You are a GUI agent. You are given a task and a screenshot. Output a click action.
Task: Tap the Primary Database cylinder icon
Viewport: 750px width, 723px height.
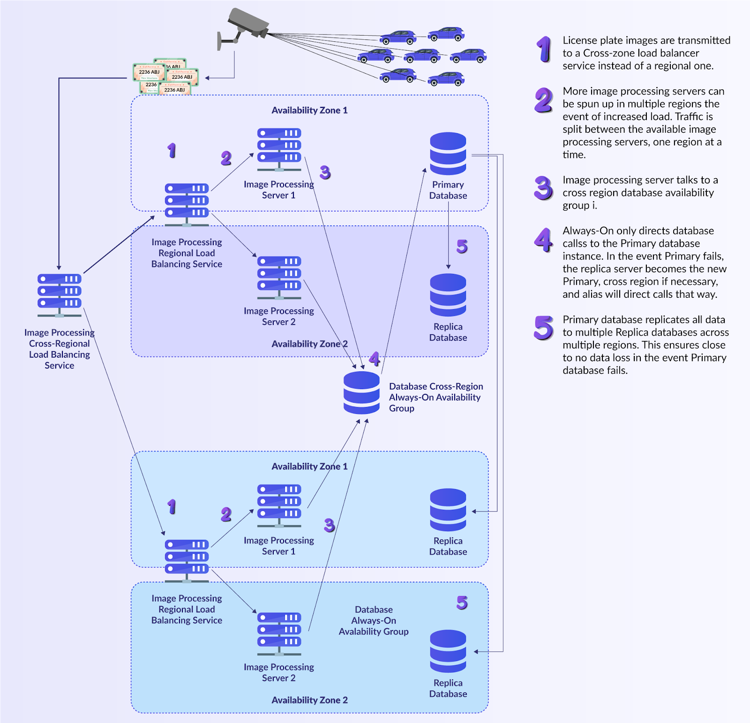tap(448, 154)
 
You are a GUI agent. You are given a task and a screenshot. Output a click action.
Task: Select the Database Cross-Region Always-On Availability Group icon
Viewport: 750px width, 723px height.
tap(361, 392)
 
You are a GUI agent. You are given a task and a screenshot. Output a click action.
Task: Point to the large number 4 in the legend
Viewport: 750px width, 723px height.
tap(544, 240)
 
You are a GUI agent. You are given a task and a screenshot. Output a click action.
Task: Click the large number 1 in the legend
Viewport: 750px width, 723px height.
tap(544, 49)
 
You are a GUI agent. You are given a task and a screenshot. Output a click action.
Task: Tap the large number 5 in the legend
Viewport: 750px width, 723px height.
tap(544, 328)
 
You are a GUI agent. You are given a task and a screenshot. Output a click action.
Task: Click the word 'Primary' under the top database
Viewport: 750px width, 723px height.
tap(448, 185)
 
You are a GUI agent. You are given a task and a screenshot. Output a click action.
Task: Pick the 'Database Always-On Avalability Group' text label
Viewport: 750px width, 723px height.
tap(374, 620)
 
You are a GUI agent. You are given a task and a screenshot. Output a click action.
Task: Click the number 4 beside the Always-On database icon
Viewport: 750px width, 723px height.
tap(374, 359)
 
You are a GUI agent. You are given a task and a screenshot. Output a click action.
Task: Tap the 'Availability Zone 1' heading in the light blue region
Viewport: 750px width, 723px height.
tap(309, 466)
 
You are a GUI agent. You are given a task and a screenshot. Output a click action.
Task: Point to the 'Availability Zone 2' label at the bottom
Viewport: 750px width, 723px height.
tap(309, 700)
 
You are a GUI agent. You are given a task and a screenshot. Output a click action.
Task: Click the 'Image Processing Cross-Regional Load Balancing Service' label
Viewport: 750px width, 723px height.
tap(60, 349)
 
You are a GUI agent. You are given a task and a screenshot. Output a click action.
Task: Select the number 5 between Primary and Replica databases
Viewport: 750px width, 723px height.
tap(462, 246)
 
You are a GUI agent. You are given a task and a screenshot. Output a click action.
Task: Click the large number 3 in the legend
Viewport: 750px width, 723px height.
tap(544, 188)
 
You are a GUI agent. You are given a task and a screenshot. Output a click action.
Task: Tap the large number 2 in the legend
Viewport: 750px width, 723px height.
tap(544, 100)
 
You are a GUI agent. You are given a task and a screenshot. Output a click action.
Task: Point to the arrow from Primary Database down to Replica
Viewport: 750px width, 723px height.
tap(449, 235)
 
